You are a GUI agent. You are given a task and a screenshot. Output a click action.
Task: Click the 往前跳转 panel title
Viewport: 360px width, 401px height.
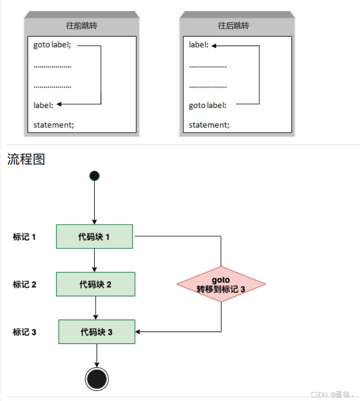click(x=82, y=26)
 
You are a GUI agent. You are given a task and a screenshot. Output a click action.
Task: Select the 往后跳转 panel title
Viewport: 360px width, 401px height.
click(x=233, y=26)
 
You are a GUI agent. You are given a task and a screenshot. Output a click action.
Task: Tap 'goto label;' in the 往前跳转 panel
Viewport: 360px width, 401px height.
click(x=52, y=45)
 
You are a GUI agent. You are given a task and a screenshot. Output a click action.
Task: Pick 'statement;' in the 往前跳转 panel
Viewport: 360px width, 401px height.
click(x=53, y=125)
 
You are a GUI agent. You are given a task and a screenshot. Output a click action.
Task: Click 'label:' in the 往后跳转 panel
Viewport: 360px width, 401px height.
click(x=199, y=45)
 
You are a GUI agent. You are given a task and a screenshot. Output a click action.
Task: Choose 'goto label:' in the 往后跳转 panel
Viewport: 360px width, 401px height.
click(x=208, y=105)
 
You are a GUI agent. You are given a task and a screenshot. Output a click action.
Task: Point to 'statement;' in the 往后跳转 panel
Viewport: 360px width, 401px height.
click(x=209, y=125)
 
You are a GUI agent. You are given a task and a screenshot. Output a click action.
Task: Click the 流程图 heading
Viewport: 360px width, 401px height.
click(x=26, y=159)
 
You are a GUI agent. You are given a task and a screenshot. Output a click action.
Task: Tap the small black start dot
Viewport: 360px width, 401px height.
click(x=94, y=176)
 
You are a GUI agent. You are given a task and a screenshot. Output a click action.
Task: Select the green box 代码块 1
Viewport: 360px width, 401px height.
click(x=94, y=236)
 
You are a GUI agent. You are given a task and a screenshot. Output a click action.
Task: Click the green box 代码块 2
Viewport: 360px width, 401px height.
click(x=95, y=284)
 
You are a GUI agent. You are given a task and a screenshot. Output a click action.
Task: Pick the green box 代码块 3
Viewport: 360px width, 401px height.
click(x=97, y=332)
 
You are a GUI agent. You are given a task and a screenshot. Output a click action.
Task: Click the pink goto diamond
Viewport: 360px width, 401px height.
click(x=221, y=284)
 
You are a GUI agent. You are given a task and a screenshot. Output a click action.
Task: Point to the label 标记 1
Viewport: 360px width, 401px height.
click(x=24, y=236)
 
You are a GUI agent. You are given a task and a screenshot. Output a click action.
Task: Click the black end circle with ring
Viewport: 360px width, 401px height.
click(x=97, y=379)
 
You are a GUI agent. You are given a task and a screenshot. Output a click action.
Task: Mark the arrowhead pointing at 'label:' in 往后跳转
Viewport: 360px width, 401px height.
click(x=214, y=46)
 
